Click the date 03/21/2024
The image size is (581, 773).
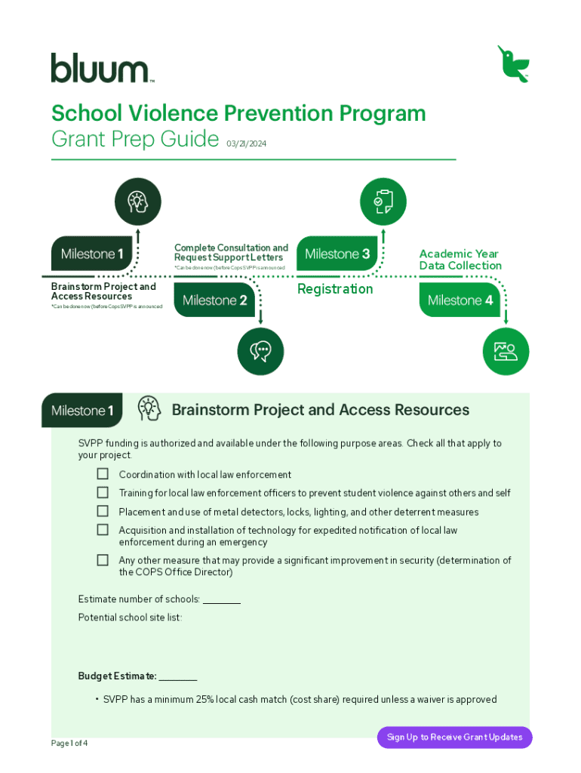click(246, 143)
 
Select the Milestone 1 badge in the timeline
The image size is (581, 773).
click(92, 254)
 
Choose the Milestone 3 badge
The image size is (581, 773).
click(337, 254)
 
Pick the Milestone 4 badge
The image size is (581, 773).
click(460, 300)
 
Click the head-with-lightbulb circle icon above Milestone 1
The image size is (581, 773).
click(137, 202)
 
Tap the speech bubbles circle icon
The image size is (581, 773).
click(260, 352)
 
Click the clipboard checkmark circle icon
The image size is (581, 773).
click(383, 202)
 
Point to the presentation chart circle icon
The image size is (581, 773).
click(506, 352)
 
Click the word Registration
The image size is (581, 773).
click(335, 289)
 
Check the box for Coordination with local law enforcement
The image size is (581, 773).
click(103, 474)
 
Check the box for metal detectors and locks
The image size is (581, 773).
click(103, 511)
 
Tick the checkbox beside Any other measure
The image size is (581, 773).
click(103, 560)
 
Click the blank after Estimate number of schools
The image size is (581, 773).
click(222, 600)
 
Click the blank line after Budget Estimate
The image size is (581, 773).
click(178, 676)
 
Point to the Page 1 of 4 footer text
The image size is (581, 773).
click(69, 744)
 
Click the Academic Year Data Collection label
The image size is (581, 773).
click(460, 260)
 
